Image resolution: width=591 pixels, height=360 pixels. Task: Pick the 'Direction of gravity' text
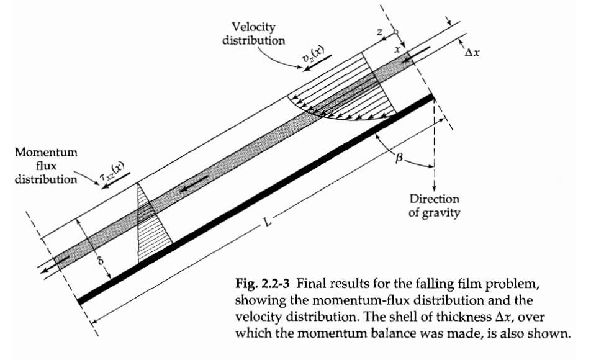(x=435, y=204)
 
